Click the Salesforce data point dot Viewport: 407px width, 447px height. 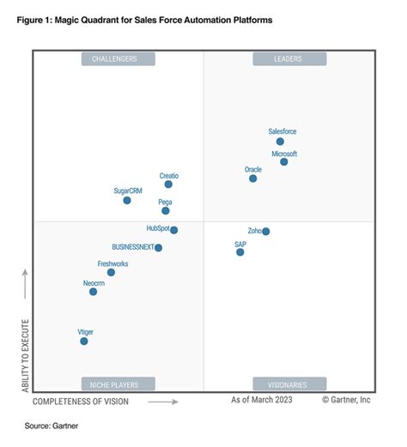[280, 142]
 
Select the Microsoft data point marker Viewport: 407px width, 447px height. [284, 161]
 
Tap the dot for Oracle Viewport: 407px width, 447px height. [252, 178]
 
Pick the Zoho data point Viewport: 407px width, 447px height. [266, 232]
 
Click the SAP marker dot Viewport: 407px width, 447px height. [240, 252]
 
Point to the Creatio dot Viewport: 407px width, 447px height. [168, 184]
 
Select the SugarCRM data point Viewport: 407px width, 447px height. [127, 200]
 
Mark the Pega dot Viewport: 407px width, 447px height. [166, 210]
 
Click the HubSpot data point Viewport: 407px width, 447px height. [173, 230]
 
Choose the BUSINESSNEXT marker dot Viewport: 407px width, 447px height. [158, 248]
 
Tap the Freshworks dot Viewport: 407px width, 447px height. [111, 272]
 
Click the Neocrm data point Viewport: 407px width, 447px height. [94, 292]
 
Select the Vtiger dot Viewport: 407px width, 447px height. [84, 341]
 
